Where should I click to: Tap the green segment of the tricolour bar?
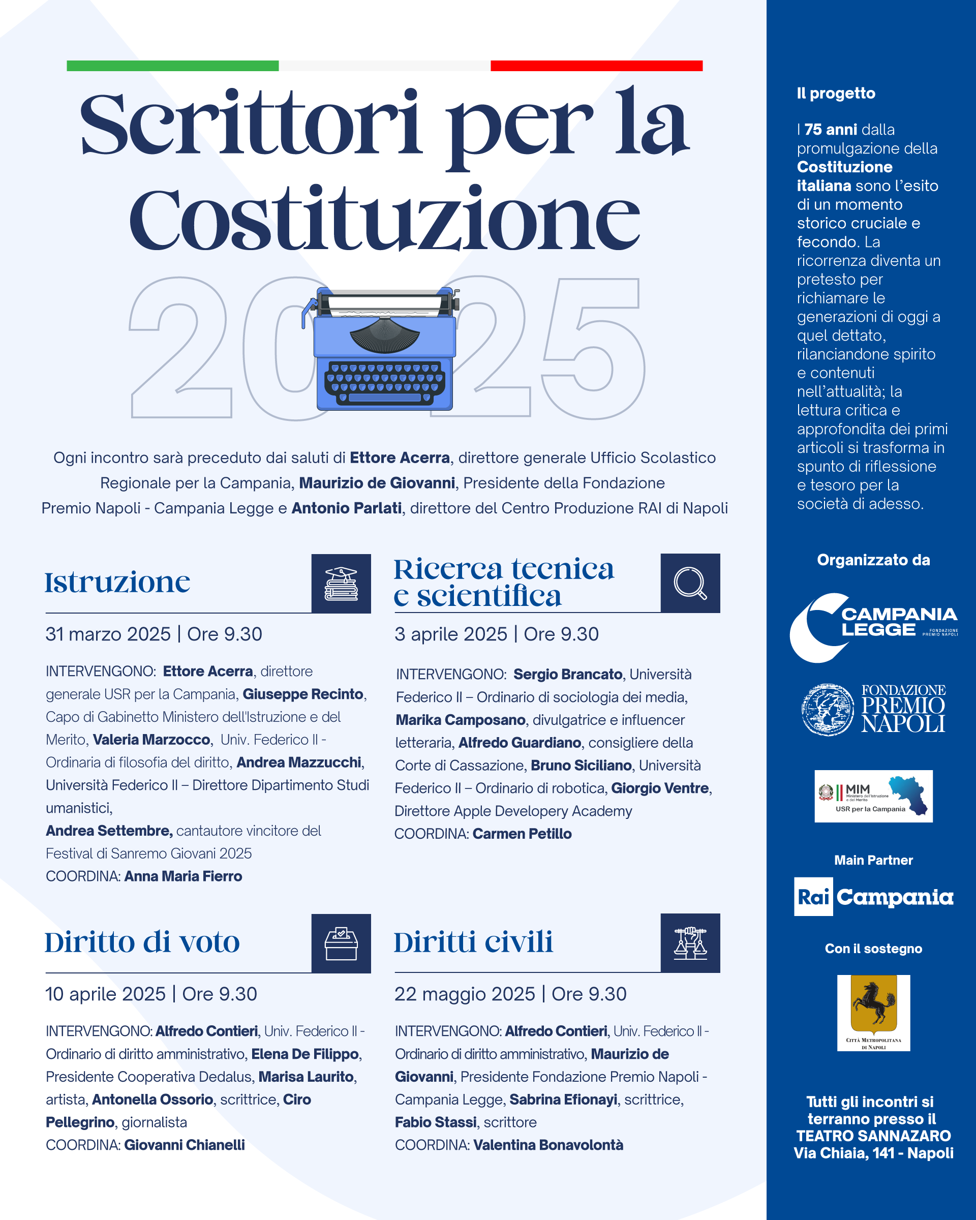[172, 66]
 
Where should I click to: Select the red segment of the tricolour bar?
[596, 66]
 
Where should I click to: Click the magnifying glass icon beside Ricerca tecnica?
[690, 583]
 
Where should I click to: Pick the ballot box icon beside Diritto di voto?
[341, 943]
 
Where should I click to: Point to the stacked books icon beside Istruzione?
[341, 584]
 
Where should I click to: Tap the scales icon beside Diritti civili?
[690, 943]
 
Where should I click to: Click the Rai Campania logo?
[874, 896]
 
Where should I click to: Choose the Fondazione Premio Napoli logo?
[874, 709]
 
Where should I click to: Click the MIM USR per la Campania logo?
[874, 796]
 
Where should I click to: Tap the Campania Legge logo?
[874, 627]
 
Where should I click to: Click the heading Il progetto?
[836, 94]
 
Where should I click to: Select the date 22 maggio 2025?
[465, 994]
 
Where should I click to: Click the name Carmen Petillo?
[522, 834]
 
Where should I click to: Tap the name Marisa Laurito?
[306, 1076]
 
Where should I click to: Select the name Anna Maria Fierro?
[183, 876]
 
